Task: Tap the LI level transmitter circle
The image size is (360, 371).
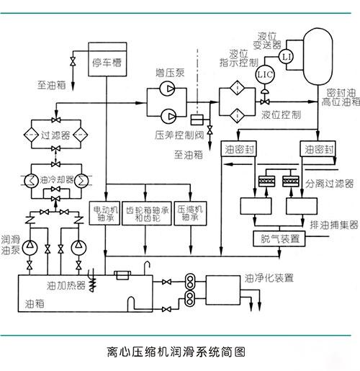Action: (x=286, y=55)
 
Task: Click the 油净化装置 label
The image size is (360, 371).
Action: (x=269, y=277)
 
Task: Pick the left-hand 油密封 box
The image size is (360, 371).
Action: (x=239, y=150)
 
